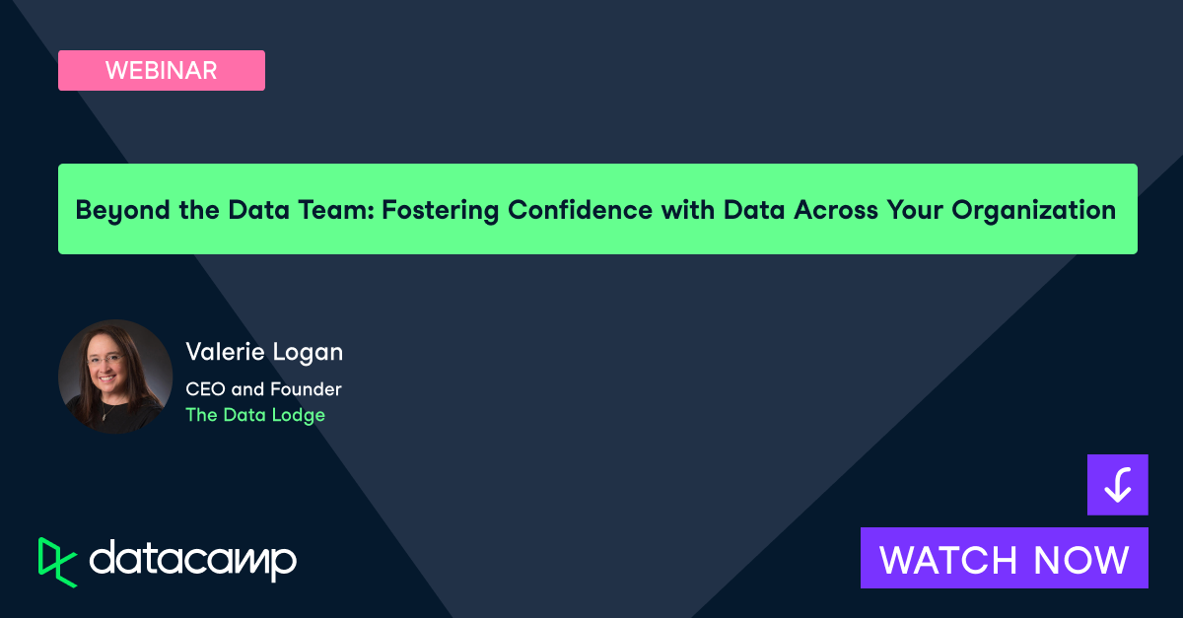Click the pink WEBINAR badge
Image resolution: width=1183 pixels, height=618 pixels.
[162, 70]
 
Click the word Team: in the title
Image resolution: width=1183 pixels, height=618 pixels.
[332, 210]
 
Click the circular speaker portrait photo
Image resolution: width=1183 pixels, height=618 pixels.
[115, 377]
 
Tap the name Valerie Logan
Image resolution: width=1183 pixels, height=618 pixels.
[264, 352]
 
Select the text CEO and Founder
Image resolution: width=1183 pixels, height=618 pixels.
[263, 389]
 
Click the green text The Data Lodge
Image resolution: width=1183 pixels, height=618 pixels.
[255, 415]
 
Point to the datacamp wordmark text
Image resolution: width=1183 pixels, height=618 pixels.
[193, 560]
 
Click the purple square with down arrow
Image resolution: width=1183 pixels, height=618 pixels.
[1117, 485]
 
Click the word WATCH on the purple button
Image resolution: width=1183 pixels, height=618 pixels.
[948, 559]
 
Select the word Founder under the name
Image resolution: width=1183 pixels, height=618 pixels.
[308, 389]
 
